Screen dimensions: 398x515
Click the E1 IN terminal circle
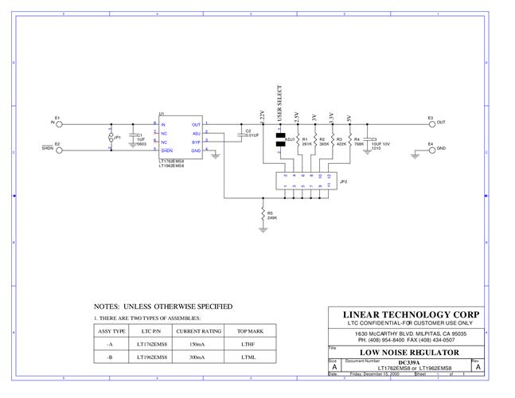60,123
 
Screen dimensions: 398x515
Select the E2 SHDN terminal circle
60,149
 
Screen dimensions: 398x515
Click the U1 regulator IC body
180,137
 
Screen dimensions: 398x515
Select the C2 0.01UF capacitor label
252,133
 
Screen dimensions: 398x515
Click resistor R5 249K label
271,215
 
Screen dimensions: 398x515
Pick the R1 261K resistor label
306,142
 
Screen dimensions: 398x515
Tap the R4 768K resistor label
358,142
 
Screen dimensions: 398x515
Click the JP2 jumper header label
343,181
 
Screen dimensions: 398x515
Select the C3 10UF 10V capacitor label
380,143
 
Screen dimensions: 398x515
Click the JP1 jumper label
117,138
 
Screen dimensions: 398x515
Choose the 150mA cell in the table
198,344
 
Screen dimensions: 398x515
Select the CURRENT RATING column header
198,330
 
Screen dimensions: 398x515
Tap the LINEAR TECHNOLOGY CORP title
411,314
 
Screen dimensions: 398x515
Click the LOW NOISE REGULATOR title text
409,352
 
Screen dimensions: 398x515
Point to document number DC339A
408,362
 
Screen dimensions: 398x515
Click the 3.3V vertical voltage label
331,119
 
